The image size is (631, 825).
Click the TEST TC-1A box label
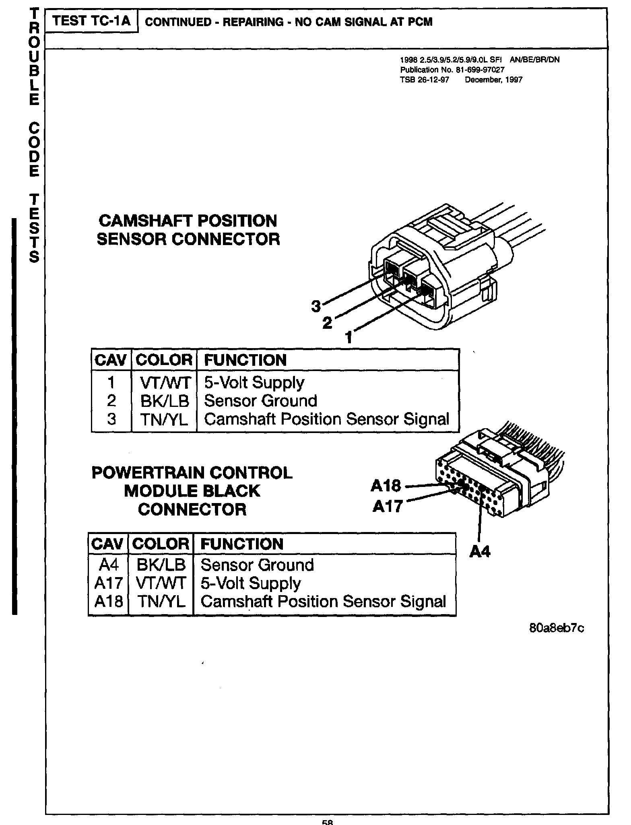pos(91,21)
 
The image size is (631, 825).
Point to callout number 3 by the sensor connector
pos(316,307)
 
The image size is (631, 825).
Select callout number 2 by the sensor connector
pos(328,322)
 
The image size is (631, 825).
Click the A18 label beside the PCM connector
pos(386,486)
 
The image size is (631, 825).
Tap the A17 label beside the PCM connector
pos(387,506)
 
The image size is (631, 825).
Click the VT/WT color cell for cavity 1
pos(164,382)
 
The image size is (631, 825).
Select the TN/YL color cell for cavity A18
pos(161,601)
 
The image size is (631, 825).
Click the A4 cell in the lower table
pos(108,565)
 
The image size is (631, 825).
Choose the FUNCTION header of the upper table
pos(245,360)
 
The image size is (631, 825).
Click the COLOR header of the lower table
pos(161,544)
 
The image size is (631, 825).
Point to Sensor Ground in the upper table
pos(260,401)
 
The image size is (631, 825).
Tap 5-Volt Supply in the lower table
pos(250,583)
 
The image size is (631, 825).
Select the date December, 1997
pos(493,80)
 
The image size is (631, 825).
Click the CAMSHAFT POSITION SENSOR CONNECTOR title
pos(188,230)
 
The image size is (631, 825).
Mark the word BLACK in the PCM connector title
pos(232,491)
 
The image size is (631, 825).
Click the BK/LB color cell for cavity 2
pos(164,401)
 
